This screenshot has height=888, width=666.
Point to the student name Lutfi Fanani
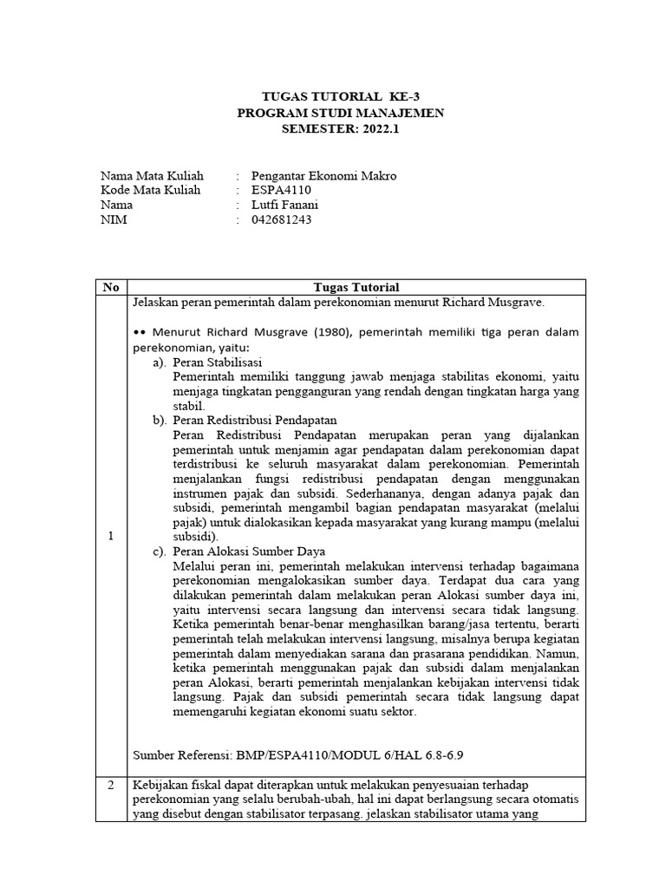point(285,205)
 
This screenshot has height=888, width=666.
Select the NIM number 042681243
point(281,219)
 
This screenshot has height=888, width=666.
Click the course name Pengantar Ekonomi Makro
point(323,175)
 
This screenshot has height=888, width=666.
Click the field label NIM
point(114,219)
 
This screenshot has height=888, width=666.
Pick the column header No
point(110,287)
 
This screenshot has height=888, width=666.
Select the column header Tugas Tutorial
point(356,287)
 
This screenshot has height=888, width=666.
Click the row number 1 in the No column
point(110,536)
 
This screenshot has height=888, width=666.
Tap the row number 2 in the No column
point(110,784)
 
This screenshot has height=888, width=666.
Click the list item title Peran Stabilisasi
point(218,362)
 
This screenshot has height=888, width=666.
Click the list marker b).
point(159,420)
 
